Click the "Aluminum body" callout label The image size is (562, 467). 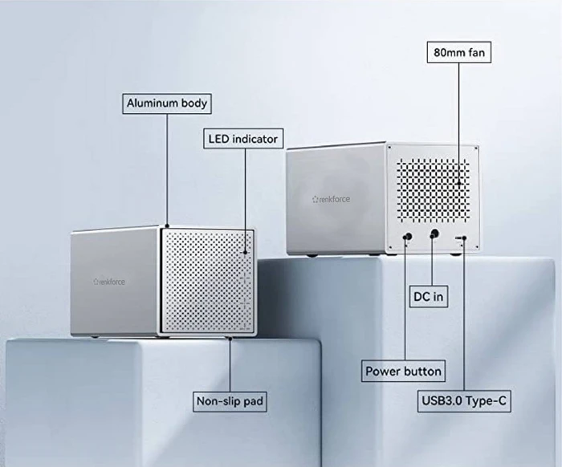point(167,104)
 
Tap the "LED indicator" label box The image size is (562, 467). point(243,139)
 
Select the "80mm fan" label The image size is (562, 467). point(458,52)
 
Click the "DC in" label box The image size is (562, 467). point(429,297)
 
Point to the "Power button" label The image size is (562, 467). point(403,371)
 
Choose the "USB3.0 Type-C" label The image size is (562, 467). point(464,400)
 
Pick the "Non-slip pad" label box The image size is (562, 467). point(230,401)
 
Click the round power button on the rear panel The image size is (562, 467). point(408,237)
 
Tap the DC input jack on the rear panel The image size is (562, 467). point(434,234)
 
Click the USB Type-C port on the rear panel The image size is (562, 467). point(461,238)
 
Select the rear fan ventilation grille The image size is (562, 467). point(433,190)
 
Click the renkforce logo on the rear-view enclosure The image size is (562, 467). point(331,199)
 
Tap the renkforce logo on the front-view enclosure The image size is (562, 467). point(109,282)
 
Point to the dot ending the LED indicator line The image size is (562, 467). point(246,252)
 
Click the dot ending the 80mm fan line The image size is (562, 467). point(458,184)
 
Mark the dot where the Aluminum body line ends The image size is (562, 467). point(167,225)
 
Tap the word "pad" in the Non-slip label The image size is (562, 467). point(253,401)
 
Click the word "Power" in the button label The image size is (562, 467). point(382,372)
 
